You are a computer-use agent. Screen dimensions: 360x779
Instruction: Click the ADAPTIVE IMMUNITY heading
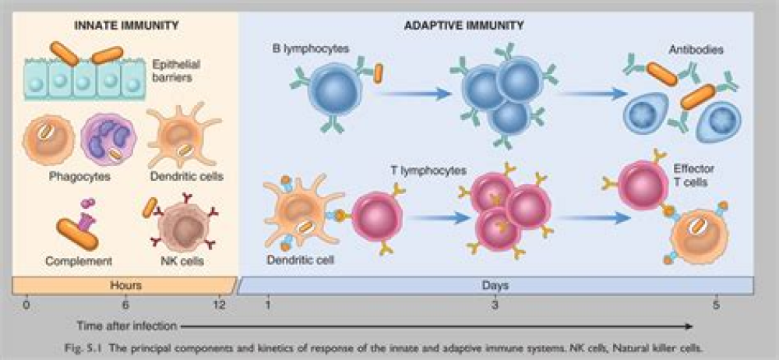pos(464,25)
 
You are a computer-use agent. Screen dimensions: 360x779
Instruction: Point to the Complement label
pos(78,261)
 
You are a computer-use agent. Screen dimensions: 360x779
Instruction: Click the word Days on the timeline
pos(495,286)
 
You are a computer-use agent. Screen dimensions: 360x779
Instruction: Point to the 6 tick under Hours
pos(125,305)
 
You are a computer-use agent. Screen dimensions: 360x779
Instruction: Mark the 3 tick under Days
pos(495,305)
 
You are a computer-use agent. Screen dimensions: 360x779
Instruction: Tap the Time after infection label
pos(127,325)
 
